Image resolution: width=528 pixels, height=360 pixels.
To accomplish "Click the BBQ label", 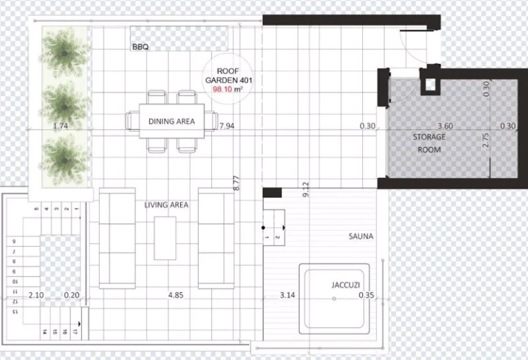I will point(141,47).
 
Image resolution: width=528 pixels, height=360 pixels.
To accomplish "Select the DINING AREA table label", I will point(171,122).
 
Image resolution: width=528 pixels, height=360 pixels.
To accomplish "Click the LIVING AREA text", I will point(166,205).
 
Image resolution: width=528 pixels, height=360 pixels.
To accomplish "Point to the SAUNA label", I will point(360,236).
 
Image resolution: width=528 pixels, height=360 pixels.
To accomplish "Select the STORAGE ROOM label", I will point(429,143).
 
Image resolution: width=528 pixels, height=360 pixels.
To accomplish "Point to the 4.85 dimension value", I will point(175,295).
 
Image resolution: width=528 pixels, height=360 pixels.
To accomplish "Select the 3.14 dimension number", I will point(287,295).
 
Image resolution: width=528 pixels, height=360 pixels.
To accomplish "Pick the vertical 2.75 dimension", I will point(486,141).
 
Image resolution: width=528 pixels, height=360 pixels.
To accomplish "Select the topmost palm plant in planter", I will point(65,49).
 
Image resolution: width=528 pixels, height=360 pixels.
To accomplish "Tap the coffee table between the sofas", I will point(165,238).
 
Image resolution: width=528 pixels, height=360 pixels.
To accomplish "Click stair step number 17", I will point(75,331).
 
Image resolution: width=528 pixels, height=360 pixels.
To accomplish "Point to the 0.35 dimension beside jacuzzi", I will point(366,295).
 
